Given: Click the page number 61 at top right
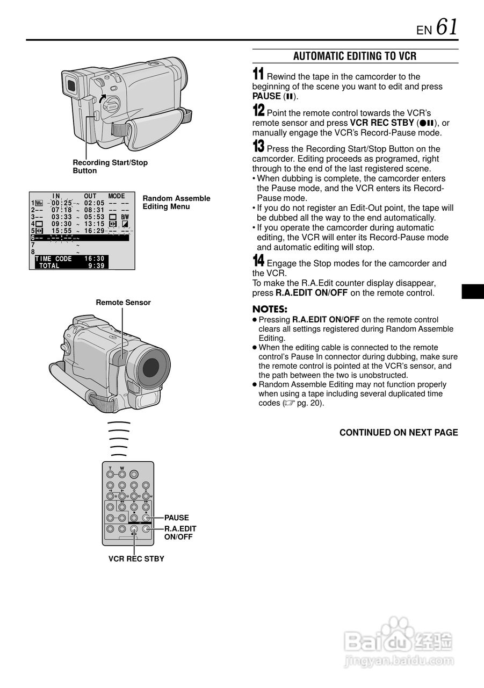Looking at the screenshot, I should coord(447,27).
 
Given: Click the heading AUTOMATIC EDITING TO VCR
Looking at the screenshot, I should coord(355,56).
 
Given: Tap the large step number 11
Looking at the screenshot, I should coord(258,75).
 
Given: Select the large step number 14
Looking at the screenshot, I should coord(258,261).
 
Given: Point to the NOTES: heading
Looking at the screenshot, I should coord(270,310).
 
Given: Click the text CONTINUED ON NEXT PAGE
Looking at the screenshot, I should coord(399,433).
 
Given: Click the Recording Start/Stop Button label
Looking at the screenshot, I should coord(110,167).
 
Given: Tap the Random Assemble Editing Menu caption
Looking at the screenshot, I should coord(176,203).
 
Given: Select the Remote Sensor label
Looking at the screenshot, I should coord(123,303).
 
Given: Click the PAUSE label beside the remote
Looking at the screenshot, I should coord(177,518).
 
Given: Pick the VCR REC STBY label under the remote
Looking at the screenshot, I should coord(136,559).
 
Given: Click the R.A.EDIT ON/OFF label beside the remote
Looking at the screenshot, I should coord(180,533).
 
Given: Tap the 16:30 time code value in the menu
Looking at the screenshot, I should coord(95,259).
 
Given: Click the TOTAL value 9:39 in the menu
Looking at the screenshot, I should coord(97,266).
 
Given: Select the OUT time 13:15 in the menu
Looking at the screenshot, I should coord(95,224).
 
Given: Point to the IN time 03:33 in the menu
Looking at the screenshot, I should coord(62,217).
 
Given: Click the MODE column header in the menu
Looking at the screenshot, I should coord(117,196).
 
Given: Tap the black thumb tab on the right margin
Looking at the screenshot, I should coord(473,291).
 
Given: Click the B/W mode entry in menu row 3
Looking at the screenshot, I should coord(125,217).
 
